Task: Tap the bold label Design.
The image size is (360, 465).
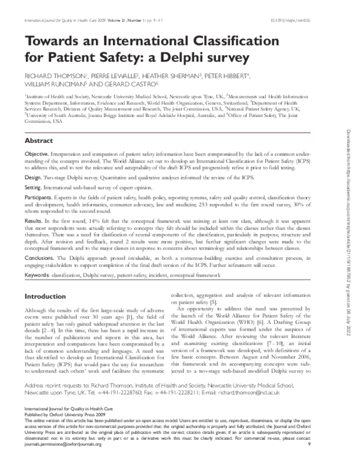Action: click(33, 178)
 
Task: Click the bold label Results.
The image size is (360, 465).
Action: click(34, 220)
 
